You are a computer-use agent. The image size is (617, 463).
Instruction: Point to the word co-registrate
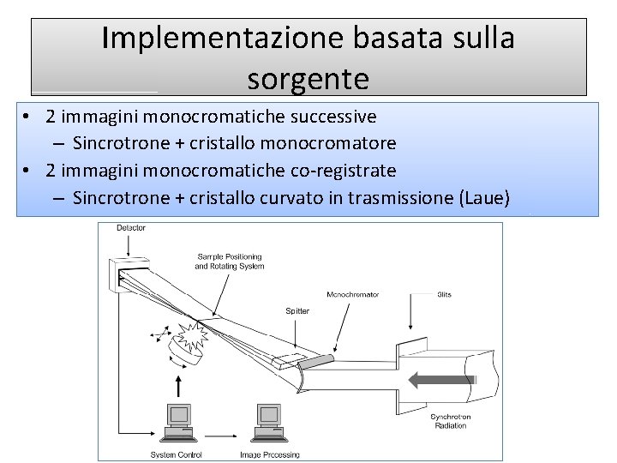pyautogui.click(x=343, y=170)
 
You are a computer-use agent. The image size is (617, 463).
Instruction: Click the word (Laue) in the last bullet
pyautogui.click(x=484, y=198)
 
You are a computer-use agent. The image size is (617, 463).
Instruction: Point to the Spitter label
pyautogui.click(x=297, y=310)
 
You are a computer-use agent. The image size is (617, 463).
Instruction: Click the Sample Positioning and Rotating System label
pyautogui.click(x=230, y=261)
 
